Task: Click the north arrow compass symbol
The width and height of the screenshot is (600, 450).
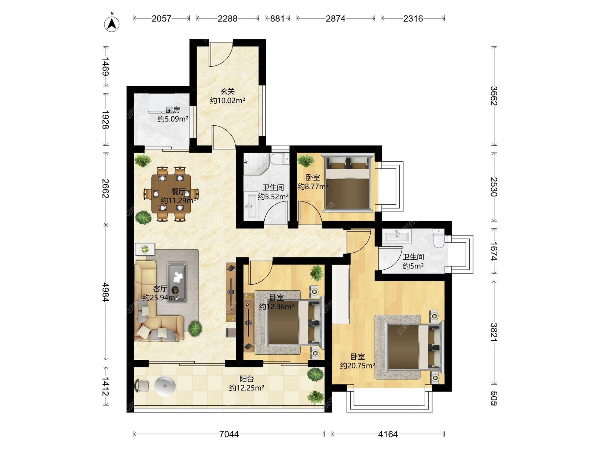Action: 112,23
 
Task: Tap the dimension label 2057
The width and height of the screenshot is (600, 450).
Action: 162,18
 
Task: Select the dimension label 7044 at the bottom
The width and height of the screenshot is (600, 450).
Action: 229,434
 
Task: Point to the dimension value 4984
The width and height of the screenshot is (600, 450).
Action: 106,292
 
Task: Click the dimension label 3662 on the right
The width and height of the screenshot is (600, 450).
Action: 494,96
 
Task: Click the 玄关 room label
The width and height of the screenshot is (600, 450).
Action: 227,92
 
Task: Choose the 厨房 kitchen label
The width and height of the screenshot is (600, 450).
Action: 173,110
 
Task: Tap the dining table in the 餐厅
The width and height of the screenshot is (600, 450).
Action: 171,194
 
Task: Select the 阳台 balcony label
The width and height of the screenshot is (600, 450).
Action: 247,379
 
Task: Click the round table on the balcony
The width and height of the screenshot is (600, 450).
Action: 165,386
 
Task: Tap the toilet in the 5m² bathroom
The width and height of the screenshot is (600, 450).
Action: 439,238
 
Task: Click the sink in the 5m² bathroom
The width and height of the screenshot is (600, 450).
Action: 397,236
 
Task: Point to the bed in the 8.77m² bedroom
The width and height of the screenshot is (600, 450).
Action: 347,182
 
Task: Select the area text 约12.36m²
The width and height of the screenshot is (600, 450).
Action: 277,307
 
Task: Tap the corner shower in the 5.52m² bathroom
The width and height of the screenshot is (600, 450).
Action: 256,163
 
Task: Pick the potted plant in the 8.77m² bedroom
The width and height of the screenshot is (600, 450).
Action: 306,160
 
